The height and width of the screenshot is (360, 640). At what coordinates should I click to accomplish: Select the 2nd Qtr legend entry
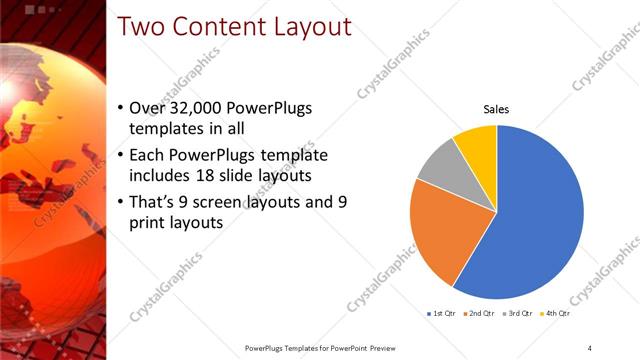coord(480,313)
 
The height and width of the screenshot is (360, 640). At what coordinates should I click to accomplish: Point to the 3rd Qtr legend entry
coord(518,313)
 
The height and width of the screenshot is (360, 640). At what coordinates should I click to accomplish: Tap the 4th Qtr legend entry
coord(556,313)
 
